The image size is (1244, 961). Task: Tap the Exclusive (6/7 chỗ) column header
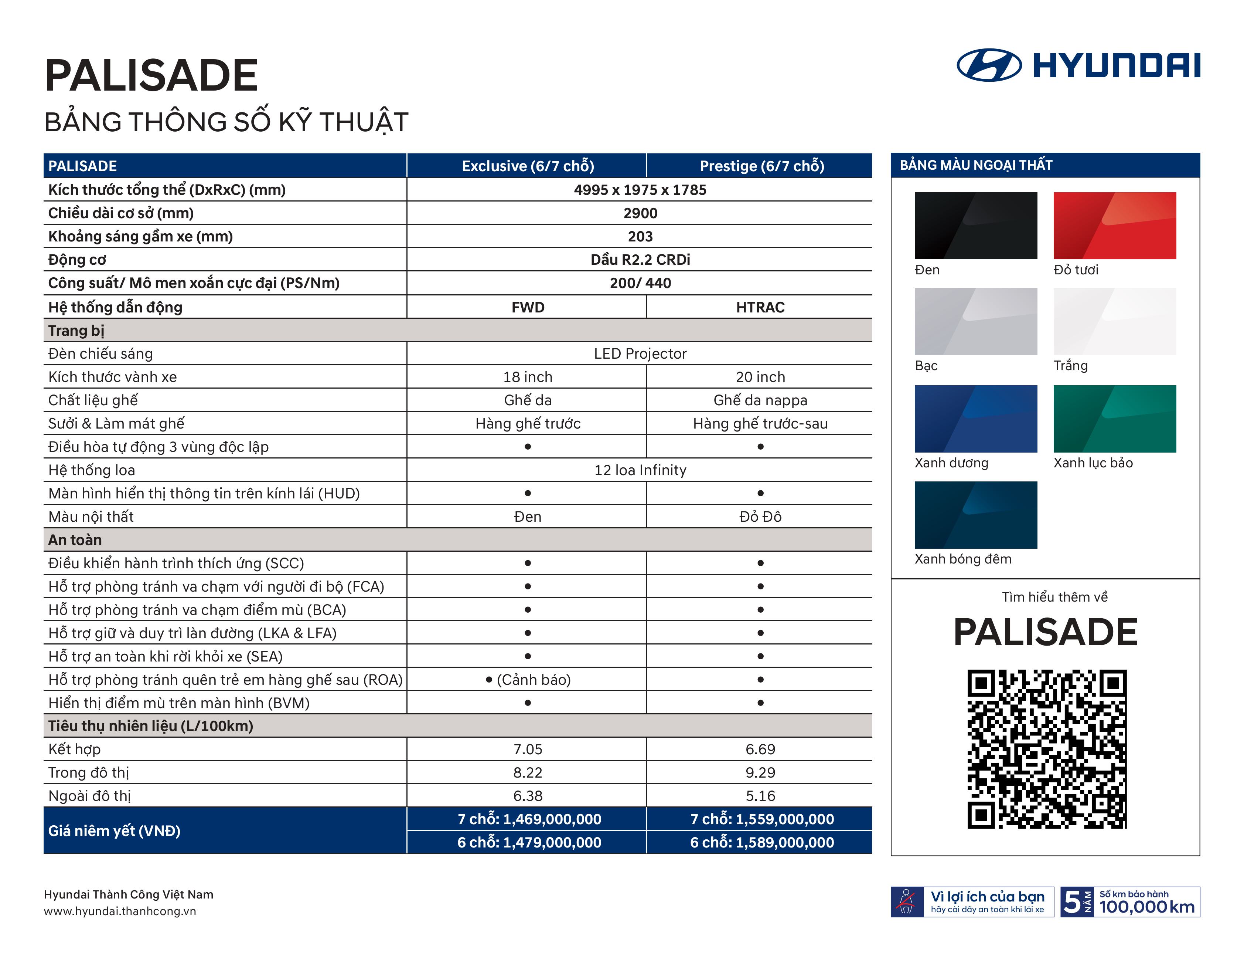[x=528, y=166]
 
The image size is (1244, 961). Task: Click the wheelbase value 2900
[x=640, y=213]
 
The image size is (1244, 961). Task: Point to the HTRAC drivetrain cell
[x=760, y=307]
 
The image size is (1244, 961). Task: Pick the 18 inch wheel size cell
[x=528, y=377]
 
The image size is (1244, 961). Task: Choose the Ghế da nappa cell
[x=760, y=400]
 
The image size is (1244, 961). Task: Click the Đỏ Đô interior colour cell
[x=760, y=517]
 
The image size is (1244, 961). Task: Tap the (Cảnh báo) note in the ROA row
[x=534, y=679]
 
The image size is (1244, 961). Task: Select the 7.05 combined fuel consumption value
[x=528, y=749]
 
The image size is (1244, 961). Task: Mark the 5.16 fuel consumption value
[x=760, y=796]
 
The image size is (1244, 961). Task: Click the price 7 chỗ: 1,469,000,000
[x=529, y=819]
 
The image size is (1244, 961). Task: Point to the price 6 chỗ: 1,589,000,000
[x=762, y=842]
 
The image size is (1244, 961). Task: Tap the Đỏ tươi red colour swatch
[x=1115, y=226]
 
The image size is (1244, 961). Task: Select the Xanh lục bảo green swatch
[x=1115, y=419]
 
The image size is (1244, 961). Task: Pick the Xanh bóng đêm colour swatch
[x=976, y=515]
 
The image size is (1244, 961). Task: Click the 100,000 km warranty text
[x=1146, y=907]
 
